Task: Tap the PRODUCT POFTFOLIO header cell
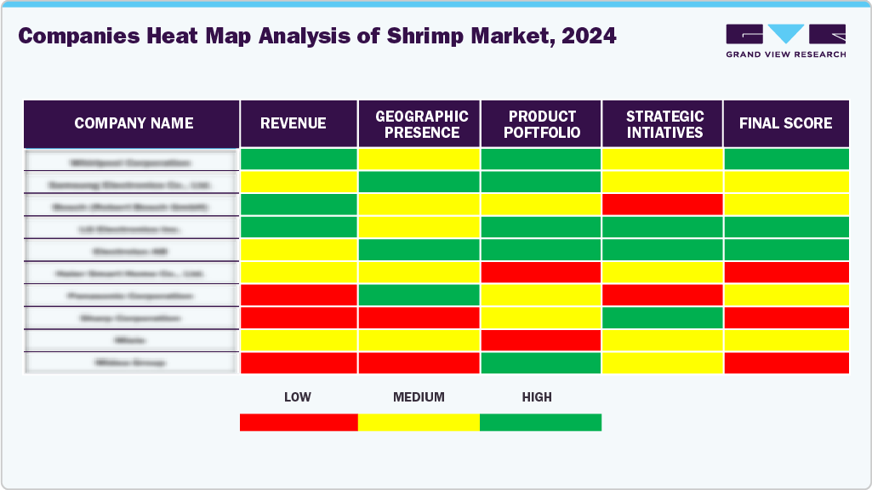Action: (542, 124)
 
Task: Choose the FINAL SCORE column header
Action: (785, 123)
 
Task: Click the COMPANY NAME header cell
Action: (134, 123)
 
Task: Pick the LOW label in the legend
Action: (297, 397)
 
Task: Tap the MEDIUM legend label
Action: (419, 397)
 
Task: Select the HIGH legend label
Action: (537, 397)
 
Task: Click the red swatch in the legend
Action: (299, 423)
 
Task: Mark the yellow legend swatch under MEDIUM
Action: (419, 423)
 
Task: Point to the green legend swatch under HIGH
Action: (540, 423)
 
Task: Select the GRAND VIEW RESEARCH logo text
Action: (785, 54)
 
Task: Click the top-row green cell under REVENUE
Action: (299, 159)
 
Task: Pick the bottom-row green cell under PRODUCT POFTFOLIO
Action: (541, 362)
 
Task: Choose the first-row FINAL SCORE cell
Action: (786, 159)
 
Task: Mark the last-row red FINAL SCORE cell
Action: (786, 362)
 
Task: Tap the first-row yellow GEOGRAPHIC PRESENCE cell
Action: (419, 159)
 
